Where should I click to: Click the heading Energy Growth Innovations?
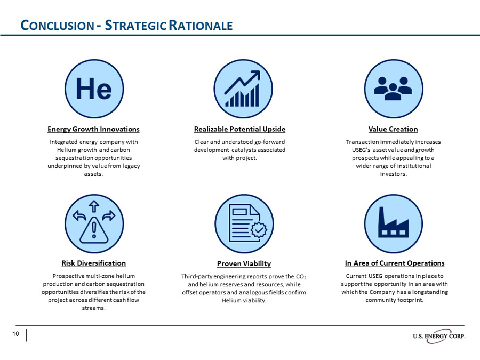(93, 129)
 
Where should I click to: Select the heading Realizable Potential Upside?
(239, 129)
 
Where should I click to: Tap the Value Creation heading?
(393, 129)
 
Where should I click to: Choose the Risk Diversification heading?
(93, 263)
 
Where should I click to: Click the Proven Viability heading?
(244, 263)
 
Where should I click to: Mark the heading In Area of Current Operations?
(394, 263)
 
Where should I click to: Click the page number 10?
(16, 334)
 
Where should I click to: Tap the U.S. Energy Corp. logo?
(438, 335)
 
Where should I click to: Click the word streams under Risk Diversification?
(93, 308)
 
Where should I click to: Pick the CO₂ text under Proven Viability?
(302, 277)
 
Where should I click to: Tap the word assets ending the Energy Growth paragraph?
(93, 174)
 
